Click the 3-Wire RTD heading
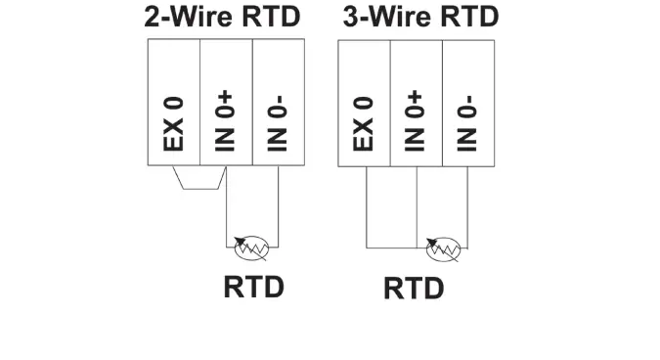(420, 18)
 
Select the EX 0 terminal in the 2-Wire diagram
(173, 103)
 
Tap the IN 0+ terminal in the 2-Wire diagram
(226, 103)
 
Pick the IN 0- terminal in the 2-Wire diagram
(278, 103)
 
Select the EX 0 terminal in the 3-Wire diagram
(364, 103)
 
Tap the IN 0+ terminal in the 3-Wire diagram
(416, 103)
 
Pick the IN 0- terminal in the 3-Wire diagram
(467, 103)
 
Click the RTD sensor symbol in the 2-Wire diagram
(251, 244)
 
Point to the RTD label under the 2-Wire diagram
(253, 287)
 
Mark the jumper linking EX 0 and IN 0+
(199, 188)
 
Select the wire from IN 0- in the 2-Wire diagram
(278, 205)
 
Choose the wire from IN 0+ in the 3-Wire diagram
(417, 205)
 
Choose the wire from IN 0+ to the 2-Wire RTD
(227, 210)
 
